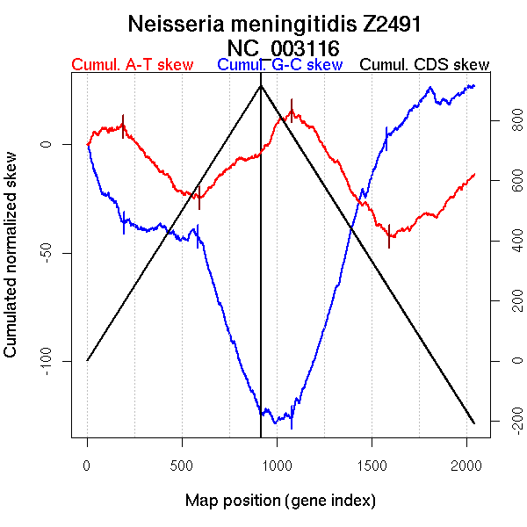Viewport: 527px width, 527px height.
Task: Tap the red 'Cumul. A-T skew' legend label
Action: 132,65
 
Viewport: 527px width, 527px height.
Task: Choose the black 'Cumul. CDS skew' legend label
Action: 425,65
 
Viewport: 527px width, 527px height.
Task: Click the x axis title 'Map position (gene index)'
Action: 280,501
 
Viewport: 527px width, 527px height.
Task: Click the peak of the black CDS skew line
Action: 261,85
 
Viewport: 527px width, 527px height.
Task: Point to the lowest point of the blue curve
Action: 276,422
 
